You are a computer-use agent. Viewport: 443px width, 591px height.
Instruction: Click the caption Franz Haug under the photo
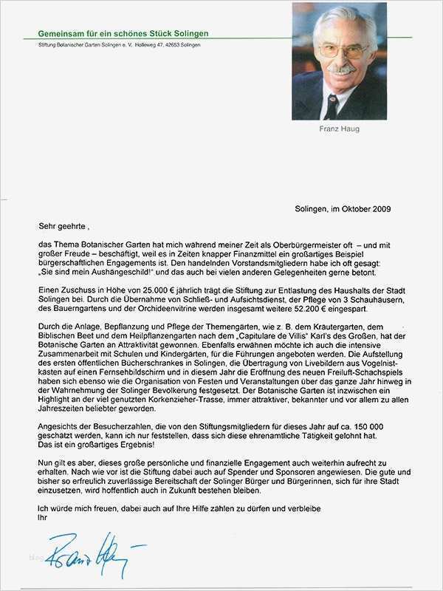pyautogui.click(x=339, y=128)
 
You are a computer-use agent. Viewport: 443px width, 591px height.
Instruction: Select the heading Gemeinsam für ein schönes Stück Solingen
pyautogui.click(x=124, y=33)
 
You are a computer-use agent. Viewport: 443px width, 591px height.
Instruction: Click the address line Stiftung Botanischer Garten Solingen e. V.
pyautogui.click(x=118, y=45)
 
